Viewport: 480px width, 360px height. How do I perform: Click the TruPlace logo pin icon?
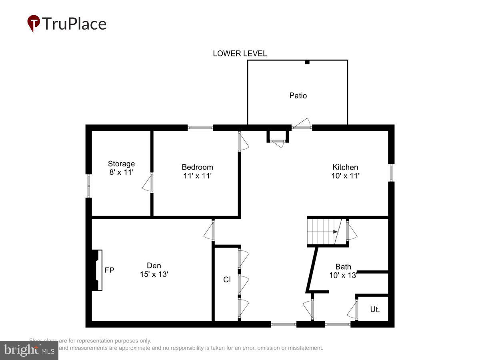click(34, 23)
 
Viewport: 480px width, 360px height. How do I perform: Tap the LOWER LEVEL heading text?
click(240, 54)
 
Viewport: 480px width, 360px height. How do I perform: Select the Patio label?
click(298, 96)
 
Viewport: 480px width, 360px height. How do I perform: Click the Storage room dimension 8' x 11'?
click(121, 172)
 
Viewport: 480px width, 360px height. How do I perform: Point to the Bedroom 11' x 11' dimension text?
click(197, 176)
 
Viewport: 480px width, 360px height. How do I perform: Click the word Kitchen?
click(345, 167)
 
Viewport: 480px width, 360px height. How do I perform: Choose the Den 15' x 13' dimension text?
click(154, 274)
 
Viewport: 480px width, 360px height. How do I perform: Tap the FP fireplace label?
click(109, 270)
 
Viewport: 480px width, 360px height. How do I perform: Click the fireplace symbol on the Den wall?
click(96, 270)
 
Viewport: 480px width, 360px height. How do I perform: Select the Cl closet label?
click(227, 280)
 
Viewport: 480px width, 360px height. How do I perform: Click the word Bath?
click(343, 267)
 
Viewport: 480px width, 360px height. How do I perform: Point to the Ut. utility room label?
click(375, 309)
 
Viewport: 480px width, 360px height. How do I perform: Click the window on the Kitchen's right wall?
click(392, 173)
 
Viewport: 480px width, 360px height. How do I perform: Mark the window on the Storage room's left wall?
click(89, 186)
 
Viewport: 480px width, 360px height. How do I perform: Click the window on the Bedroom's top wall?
click(200, 128)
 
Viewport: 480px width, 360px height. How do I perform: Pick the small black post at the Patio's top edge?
click(307, 62)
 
